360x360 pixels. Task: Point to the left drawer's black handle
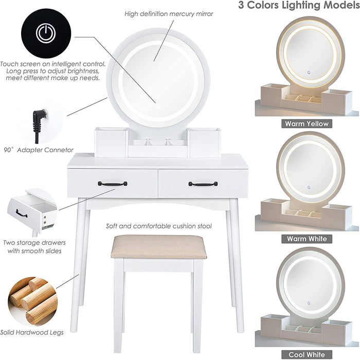coord(113,184)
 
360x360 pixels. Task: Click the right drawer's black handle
coord(203,184)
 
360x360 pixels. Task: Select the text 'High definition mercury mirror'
coord(169,14)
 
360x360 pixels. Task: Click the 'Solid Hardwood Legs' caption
coord(32,333)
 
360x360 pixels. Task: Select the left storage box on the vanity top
coord(111,142)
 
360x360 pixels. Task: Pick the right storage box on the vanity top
coord(204,142)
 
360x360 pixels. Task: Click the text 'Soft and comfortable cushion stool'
coord(158,226)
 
